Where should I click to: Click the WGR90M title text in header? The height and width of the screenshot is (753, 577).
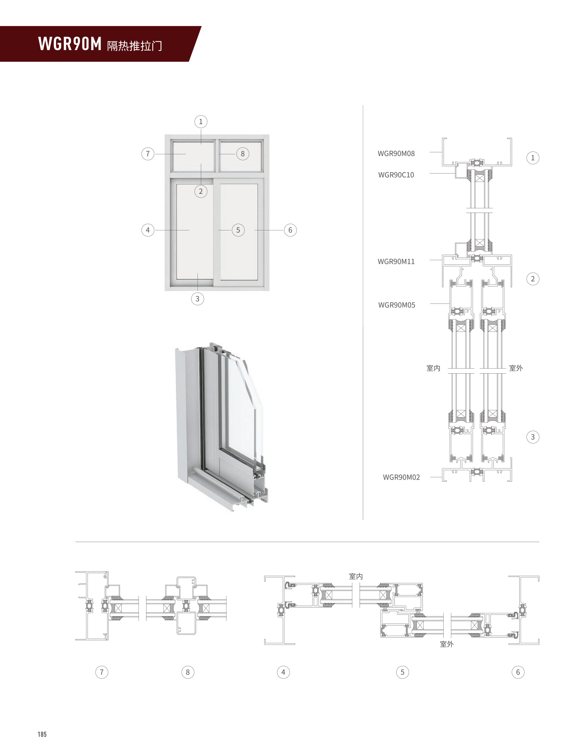click(70, 44)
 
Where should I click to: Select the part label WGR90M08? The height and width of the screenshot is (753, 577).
click(396, 153)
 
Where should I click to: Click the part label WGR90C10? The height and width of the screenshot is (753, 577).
click(396, 175)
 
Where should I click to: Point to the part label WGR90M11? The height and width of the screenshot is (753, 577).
click(396, 261)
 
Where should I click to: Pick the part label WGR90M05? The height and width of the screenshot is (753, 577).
click(396, 305)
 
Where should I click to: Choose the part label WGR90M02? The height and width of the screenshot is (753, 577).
click(401, 477)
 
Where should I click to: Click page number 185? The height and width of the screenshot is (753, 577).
click(42, 734)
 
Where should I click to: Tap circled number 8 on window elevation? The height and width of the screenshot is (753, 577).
click(242, 154)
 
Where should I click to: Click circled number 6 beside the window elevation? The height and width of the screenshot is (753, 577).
click(290, 230)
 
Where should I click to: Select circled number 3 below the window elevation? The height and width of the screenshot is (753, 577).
click(197, 298)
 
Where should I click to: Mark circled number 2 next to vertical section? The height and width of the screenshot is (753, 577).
click(532, 279)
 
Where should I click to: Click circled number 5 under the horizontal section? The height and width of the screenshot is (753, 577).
click(402, 672)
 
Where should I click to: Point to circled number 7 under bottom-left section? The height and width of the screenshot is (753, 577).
click(101, 672)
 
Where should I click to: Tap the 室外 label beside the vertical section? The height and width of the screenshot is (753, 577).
click(515, 368)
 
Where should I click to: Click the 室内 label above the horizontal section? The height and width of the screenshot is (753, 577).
click(355, 576)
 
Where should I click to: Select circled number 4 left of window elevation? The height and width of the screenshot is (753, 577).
click(147, 230)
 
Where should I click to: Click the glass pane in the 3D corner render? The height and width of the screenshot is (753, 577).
click(242, 408)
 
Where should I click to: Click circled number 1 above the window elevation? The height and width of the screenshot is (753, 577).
click(201, 122)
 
